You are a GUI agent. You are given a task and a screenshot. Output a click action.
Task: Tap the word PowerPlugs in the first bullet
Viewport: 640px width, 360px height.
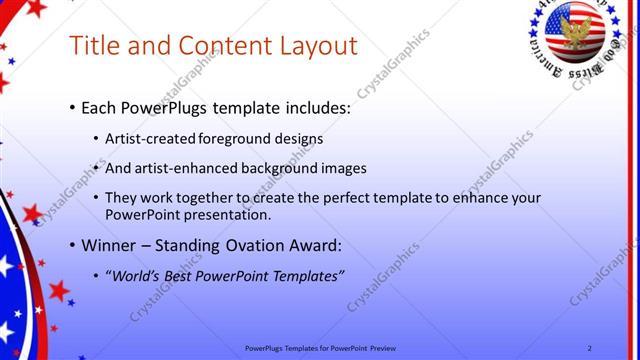pos(163,105)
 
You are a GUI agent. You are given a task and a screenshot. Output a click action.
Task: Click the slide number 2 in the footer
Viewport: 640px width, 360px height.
pos(590,347)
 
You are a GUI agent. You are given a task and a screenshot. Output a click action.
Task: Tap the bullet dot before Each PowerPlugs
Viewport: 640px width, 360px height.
pos(72,106)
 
